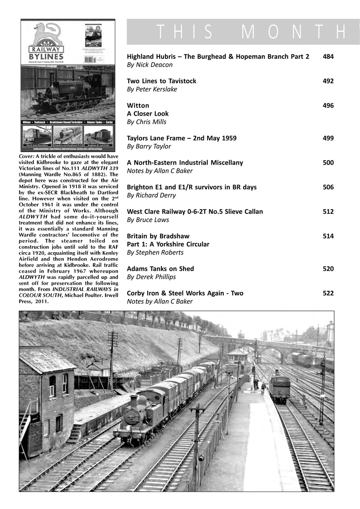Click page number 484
(328, 56)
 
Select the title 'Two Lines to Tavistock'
(161, 81)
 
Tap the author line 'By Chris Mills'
(146, 122)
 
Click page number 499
(328, 138)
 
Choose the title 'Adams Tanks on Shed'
(160, 269)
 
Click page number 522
(328, 293)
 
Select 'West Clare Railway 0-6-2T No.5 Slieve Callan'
(195, 212)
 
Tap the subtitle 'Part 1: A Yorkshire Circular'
(168, 244)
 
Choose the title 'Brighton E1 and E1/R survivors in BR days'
(192, 187)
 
